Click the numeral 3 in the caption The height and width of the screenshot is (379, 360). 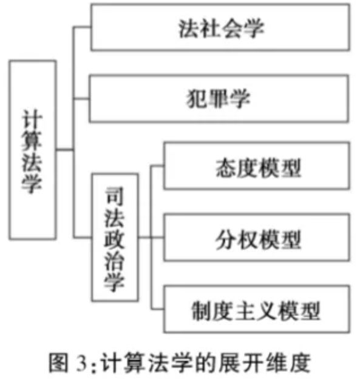tap(81, 363)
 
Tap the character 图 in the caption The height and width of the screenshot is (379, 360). tap(59, 363)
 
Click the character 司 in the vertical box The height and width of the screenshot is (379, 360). tap(115, 196)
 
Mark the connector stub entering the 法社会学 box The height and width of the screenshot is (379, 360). tap(82, 27)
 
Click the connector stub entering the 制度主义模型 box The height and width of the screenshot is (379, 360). tap(157, 309)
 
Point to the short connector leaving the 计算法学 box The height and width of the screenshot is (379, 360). tap(65, 150)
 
